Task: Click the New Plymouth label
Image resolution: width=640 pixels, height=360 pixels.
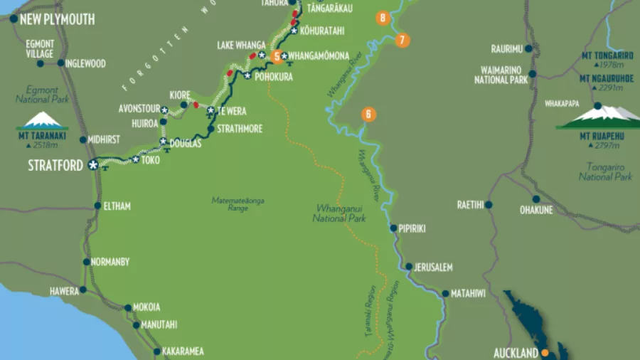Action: (57, 19)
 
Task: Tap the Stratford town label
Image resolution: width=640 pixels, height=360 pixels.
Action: (55, 165)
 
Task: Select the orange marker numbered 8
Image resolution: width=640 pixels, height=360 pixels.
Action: (383, 18)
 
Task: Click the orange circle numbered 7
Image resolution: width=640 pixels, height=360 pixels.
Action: (402, 40)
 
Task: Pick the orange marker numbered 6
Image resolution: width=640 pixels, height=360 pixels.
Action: (368, 114)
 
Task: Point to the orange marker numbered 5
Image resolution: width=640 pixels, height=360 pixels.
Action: (277, 57)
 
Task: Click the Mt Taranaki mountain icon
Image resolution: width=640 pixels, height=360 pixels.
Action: (42, 120)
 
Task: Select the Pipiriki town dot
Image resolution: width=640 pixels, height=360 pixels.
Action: (393, 228)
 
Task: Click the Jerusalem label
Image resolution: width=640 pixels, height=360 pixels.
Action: (433, 268)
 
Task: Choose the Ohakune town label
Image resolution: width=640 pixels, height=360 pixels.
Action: (536, 210)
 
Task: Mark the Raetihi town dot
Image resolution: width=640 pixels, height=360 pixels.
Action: (490, 205)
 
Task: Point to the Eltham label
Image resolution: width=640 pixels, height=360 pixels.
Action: (117, 206)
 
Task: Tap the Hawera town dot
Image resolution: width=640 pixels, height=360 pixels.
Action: (83, 290)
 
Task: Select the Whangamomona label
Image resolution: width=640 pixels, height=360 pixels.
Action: (319, 56)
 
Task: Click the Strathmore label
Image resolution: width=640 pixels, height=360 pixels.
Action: (240, 129)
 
